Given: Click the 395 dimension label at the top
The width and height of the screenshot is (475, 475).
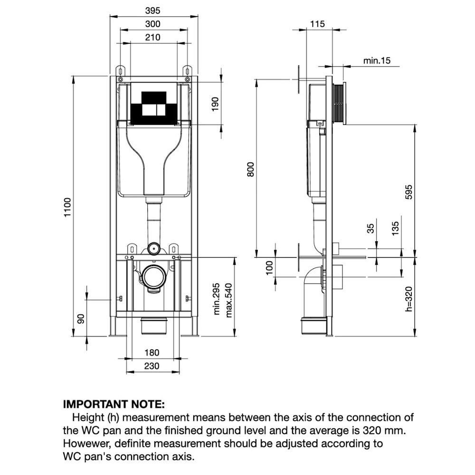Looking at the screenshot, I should (x=153, y=10).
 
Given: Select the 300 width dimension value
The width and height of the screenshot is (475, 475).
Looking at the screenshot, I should (x=153, y=24).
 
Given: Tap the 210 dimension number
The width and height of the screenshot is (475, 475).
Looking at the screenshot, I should (x=153, y=37).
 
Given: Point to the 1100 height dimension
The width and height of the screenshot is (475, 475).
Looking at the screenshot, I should (x=67, y=208).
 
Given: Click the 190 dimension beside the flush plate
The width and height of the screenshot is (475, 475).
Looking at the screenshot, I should (x=215, y=104).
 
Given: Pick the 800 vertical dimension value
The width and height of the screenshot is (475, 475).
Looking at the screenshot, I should (x=251, y=169).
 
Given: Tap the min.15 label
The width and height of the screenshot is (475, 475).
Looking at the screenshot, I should (x=376, y=60).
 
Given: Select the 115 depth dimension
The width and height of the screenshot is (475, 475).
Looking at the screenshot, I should (x=318, y=24).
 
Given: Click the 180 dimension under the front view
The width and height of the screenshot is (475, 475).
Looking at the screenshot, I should (x=152, y=353).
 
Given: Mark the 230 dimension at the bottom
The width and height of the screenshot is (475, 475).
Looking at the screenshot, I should (x=152, y=366).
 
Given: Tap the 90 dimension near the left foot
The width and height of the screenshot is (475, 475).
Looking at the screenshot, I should (x=81, y=319).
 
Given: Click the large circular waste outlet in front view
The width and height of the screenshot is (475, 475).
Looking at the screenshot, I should (x=154, y=276).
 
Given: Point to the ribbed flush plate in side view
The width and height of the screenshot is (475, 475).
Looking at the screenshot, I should (x=339, y=104).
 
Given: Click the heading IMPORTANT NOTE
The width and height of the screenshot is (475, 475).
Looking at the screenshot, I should (x=114, y=405).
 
